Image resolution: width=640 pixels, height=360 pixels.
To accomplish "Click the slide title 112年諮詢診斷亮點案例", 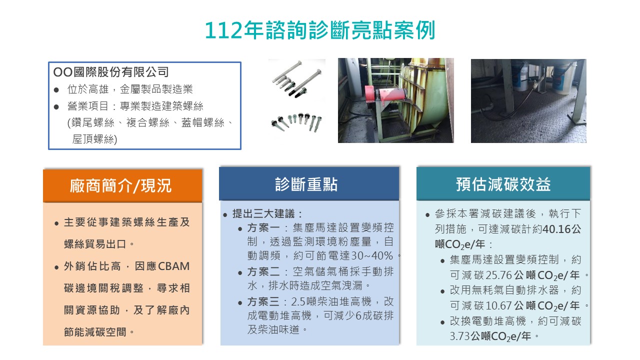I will pos(320,30).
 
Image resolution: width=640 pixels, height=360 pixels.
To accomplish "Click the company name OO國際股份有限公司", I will pos(111,72).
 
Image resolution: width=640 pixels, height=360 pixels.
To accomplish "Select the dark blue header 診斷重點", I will pos(306,184).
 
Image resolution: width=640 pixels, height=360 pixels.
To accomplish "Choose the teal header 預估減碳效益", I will pos(503,184).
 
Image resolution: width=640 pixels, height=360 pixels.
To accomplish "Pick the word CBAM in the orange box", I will pos(174,266).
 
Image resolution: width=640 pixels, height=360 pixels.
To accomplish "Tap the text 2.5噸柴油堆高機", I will pos(330,302).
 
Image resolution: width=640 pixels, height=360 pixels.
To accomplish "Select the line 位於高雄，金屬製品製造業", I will pos(130,89).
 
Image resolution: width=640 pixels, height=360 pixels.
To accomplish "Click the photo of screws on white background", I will pos(296,100).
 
